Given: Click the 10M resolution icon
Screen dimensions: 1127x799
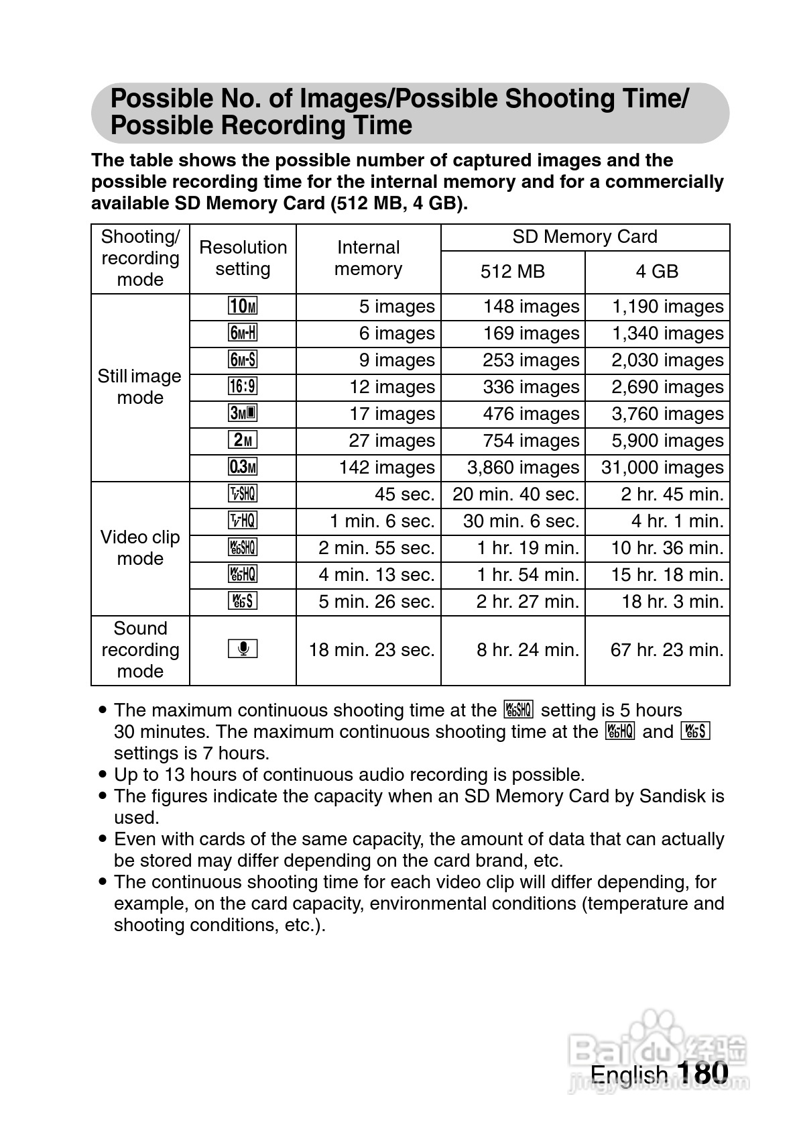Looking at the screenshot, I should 243,307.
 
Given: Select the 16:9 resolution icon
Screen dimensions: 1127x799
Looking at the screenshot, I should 243,387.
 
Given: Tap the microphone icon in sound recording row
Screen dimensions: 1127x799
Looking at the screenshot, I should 243,649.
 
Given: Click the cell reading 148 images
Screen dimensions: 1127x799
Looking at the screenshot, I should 531,307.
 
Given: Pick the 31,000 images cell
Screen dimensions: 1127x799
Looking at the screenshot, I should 662,468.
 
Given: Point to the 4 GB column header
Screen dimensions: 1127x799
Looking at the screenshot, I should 657,272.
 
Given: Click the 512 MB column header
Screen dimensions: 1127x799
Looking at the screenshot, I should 513,272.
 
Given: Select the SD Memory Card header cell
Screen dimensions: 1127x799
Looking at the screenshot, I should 585,237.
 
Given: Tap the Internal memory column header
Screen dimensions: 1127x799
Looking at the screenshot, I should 368,258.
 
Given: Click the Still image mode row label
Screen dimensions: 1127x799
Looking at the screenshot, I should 139,387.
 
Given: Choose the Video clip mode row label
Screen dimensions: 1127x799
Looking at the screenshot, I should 140,548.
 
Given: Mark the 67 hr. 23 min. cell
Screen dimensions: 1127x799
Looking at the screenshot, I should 667,650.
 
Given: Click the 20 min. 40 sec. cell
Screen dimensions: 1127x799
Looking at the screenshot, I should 515,494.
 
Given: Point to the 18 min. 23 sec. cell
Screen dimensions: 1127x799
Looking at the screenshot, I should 371,650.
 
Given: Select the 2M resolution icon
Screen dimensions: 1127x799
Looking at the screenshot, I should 243,441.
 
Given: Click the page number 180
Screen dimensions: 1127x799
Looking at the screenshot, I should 702,1073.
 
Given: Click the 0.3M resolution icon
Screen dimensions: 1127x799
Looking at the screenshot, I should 243,468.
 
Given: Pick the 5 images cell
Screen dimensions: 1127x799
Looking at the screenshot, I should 397,307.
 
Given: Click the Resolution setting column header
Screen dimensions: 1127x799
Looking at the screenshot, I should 243,258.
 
